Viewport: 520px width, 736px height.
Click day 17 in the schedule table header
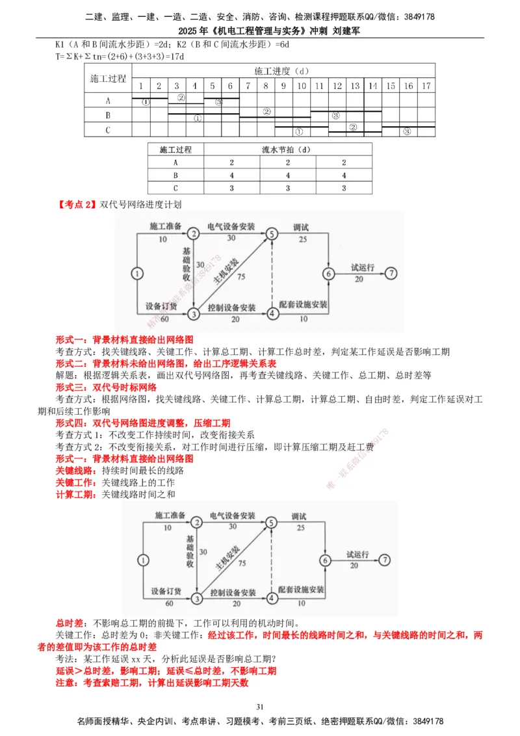point(425,86)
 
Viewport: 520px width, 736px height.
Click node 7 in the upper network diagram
point(391,273)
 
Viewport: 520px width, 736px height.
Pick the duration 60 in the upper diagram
point(164,319)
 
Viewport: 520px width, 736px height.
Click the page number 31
point(260,707)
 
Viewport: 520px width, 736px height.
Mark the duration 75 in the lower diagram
point(242,562)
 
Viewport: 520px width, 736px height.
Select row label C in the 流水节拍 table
point(175,188)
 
